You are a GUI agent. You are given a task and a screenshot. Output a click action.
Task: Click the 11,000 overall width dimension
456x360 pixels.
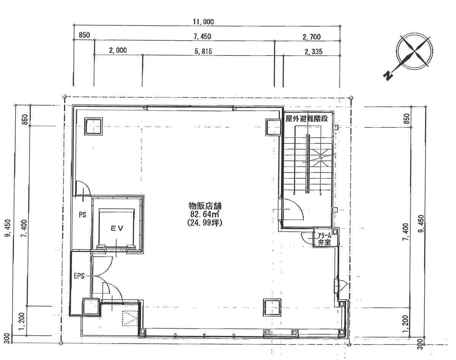coord(203,22)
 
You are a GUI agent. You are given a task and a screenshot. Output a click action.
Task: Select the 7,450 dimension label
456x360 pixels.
coord(202,36)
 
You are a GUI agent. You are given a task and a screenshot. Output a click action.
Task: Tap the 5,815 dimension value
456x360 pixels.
coord(203,51)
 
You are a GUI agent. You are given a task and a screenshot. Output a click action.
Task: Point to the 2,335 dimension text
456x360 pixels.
coord(313,52)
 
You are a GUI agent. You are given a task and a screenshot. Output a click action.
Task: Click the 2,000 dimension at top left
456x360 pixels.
coord(118,50)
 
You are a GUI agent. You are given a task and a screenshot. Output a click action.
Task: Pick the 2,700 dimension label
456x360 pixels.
coord(311,37)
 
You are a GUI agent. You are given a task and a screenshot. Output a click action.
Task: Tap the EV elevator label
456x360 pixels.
coord(117,228)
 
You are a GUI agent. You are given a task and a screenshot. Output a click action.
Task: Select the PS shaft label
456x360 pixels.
coord(82,215)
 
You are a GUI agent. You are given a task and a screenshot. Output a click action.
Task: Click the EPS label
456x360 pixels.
coord(79,276)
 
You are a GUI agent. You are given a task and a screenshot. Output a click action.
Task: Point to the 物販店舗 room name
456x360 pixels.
coord(205,206)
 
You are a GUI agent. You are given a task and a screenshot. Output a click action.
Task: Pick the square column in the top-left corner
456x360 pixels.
coord(94,126)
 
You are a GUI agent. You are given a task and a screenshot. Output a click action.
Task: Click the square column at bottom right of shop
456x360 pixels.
coord(272,308)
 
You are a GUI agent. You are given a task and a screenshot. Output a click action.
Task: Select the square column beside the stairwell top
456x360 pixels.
coord(273,127)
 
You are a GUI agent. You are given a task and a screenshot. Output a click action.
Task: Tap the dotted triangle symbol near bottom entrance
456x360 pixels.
coord(129,319)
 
